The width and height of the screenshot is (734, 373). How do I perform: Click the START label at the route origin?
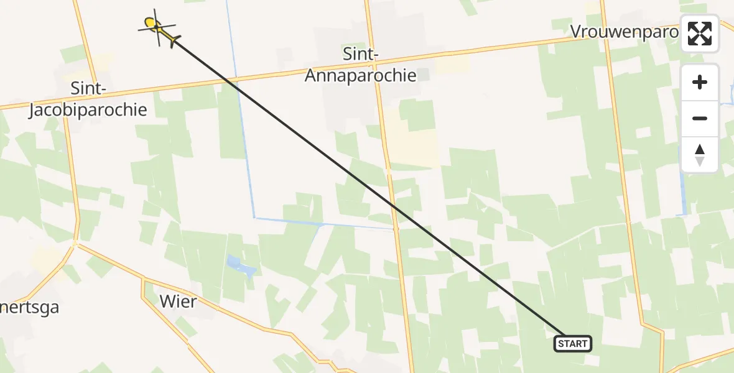572,343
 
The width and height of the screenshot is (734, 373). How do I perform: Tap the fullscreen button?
700,34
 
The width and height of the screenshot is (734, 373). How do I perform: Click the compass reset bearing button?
700,154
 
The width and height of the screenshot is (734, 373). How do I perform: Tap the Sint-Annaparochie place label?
360,65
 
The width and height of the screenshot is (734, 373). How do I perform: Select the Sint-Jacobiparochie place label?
88,99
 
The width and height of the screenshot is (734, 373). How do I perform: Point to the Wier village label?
178,302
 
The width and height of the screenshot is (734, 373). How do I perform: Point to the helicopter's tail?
174,41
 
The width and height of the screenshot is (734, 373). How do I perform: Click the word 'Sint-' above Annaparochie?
360,55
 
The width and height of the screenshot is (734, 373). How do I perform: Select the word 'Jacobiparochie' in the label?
88,110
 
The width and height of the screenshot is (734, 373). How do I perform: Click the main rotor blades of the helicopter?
154,25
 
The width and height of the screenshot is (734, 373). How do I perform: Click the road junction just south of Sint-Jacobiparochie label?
75,242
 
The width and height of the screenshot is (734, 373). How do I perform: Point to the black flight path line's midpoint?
367,186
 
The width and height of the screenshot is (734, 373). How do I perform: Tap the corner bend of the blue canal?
254,217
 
